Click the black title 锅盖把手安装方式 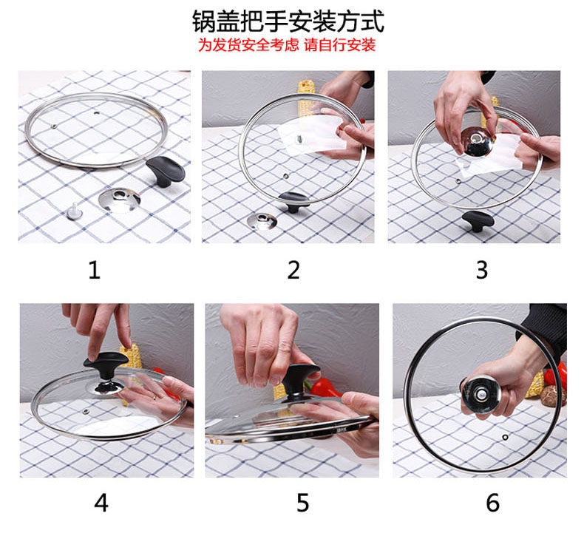[x=288, y=21]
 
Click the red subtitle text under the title [x=287, y=45]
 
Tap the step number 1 [x=94, y=270]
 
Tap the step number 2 [x=293, y=270]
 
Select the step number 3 [x=482, y=270]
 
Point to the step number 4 [x=101, y=503]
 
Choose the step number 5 [x=303, y=503]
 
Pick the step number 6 [x=493, y=503]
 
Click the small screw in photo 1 [x=75, y=211]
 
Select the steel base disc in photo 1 [x=120, y=200]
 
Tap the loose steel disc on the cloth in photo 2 [x=262, y=221]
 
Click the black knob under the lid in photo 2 [x=294, y=201]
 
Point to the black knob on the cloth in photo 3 [x=478, y=220]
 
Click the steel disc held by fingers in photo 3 [x=477, y=141]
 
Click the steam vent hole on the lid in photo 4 [x=86, y=412]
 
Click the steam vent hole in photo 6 [x=505, y=437]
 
